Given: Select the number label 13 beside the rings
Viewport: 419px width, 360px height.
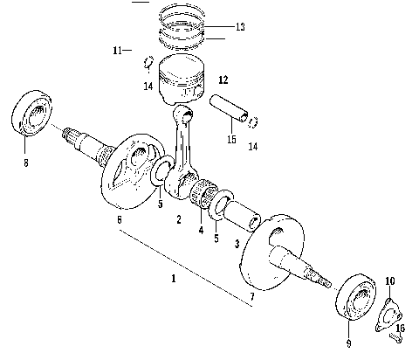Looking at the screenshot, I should click(240, 28).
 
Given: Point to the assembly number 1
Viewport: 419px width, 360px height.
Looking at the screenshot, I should click(173, 278).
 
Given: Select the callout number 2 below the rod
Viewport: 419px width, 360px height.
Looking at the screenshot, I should click(178, 219).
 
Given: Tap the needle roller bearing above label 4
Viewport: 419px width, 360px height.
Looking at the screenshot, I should click(208, 197).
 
